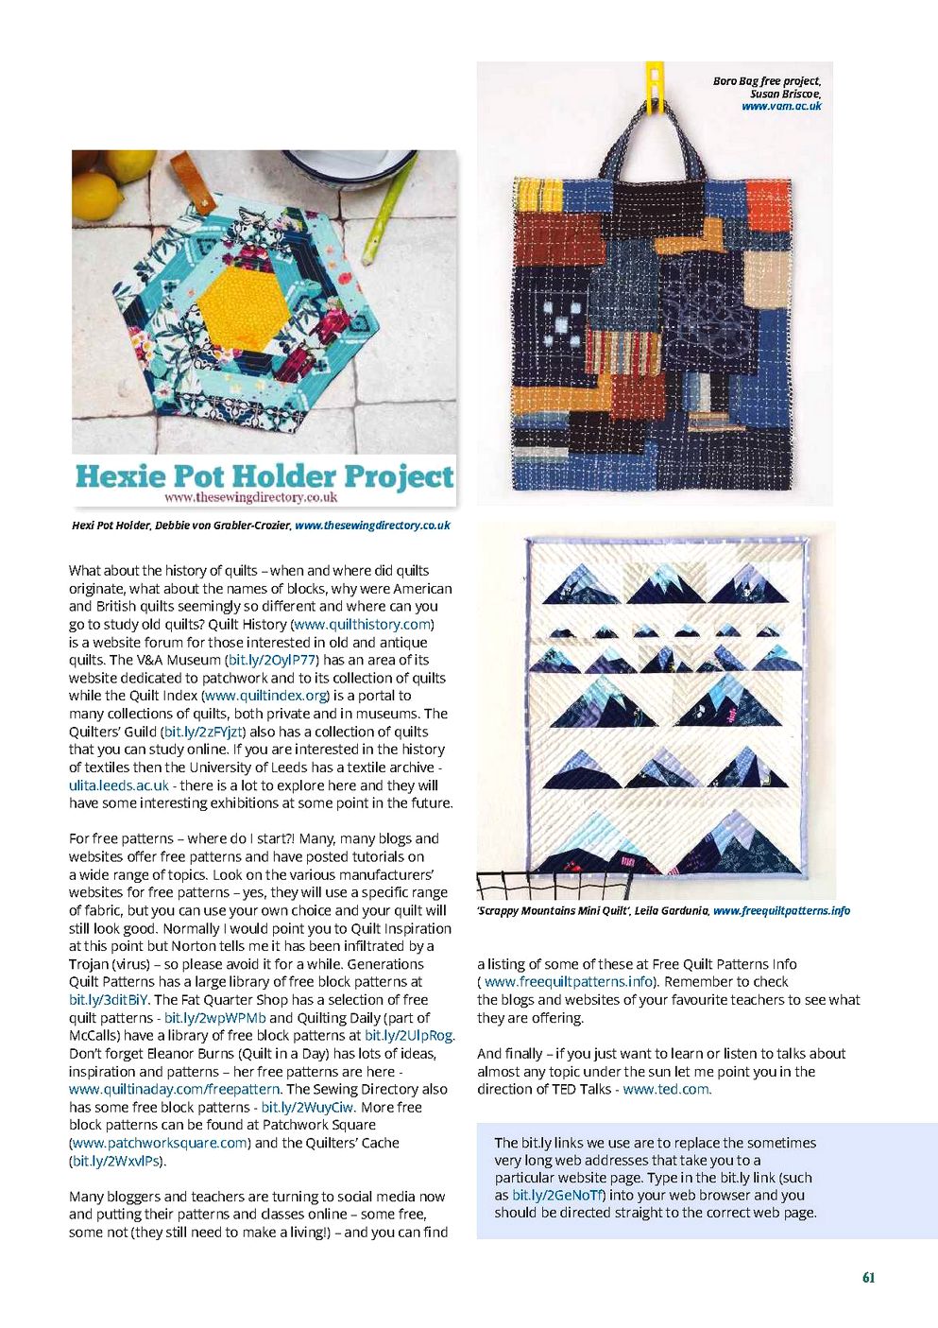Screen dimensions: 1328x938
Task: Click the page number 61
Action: [x=868, y=1277]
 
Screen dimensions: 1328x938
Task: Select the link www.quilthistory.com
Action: [x=363, y=625]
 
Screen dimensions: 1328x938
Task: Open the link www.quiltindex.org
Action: [x=265, y=696]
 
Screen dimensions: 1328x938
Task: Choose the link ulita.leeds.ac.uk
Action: [x=119, y=785]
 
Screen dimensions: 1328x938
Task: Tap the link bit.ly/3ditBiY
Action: [x=109, y=1000]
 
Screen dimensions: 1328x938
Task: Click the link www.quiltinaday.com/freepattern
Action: [x=175, y=1089]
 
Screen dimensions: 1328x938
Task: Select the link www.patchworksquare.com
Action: [x=160, y=1143]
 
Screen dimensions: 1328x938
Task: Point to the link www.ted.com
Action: [x=666, y=1089]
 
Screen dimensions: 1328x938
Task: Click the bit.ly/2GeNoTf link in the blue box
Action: [x=556, y=1195]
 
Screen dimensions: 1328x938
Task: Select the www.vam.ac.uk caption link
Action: [x=781, y=107]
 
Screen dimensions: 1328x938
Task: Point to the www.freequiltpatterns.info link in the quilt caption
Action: [x=781, y=911]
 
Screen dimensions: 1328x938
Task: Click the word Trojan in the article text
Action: [x=92, y=964]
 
